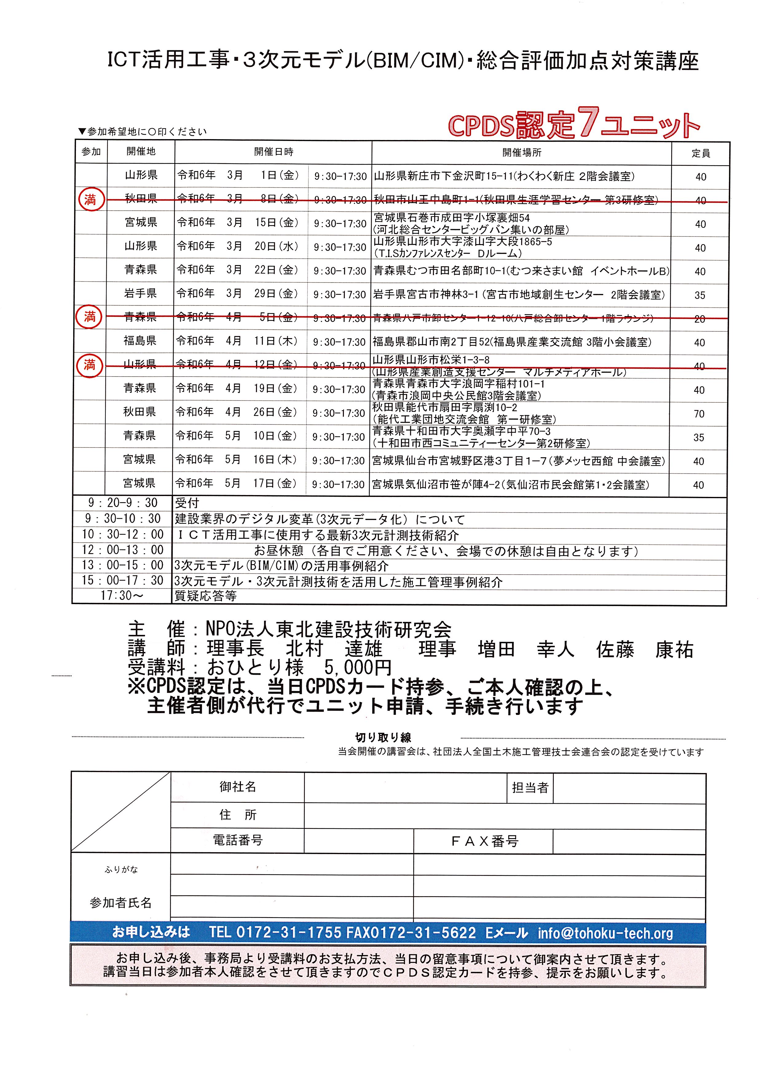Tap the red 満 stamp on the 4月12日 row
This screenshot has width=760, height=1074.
coord(89,365)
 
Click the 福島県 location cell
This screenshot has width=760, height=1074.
coord(140,341)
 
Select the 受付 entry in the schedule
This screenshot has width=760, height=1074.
coord(187,503)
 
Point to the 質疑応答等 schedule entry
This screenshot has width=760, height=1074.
coord(206,596)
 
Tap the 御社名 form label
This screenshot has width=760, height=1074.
coord(238,787)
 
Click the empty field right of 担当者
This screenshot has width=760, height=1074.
coord(629,788)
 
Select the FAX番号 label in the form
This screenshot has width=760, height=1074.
coord(484,841)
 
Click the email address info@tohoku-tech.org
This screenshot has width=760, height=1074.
coord(605,933)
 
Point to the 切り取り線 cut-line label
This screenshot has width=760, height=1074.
coord(383,738)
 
